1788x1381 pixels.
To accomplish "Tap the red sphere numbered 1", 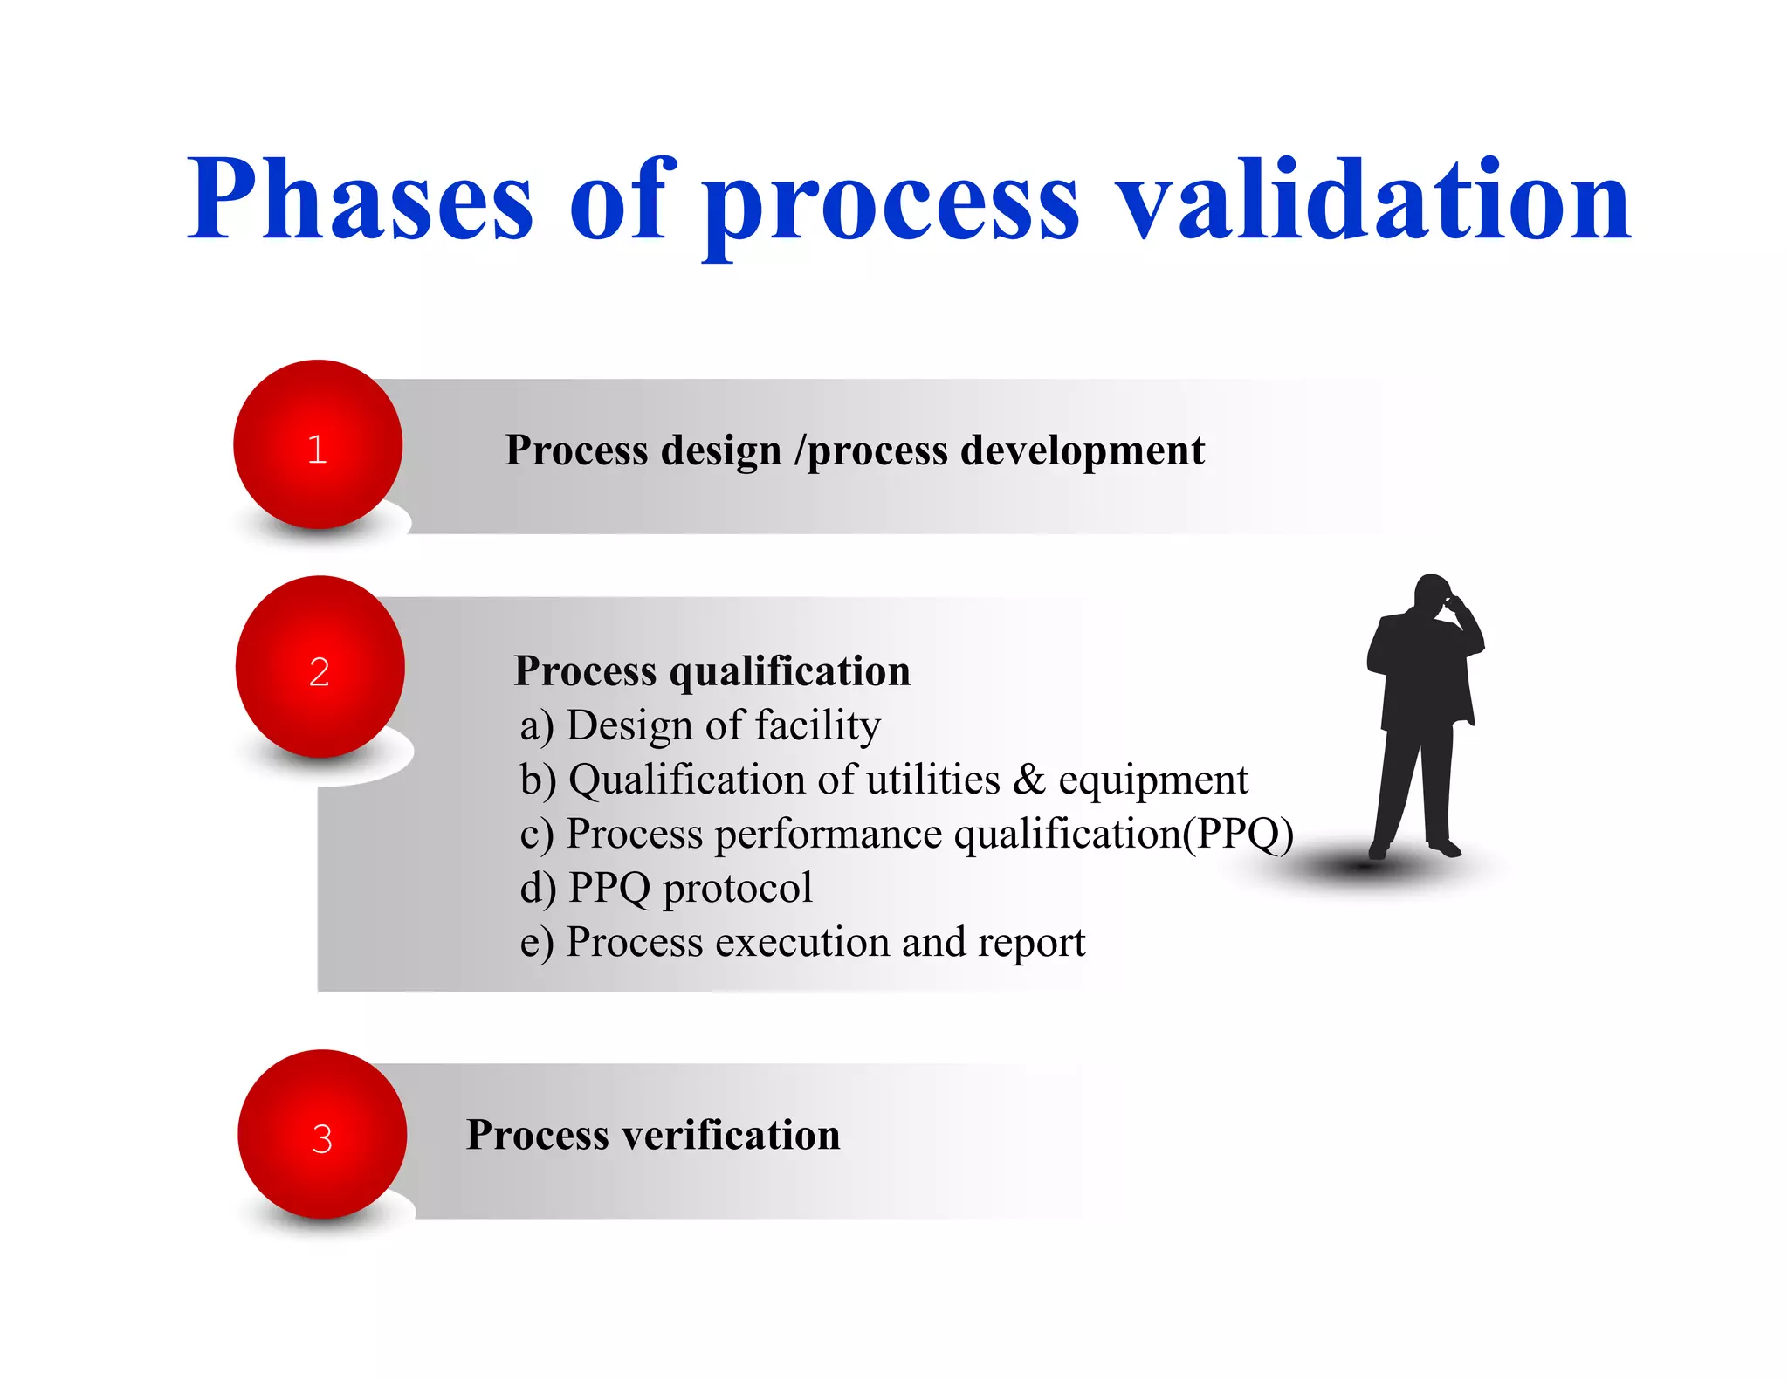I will (x=318, y=445).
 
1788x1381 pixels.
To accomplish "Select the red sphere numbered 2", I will (x=320, y=668).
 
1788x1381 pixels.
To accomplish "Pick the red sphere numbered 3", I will (x=322, y=1135).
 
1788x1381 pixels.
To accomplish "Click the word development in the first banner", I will (x=1082, y=451).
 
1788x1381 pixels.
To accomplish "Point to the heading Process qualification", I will (x=712, y=671).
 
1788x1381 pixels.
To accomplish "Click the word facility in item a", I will (x=817, y=726).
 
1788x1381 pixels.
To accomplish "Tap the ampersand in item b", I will (x=1028, y=780).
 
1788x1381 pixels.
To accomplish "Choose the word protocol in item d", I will (x=737, y=888).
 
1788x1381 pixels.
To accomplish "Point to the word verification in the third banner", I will (x=731, y=1136).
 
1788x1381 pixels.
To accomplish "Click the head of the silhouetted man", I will (x=1432, y=594).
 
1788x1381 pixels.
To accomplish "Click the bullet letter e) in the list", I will (x=536, y=944).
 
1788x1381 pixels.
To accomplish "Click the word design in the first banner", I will (x=720, y=451).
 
